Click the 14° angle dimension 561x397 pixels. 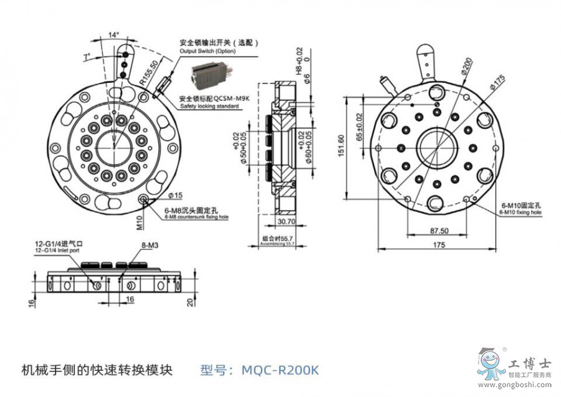coord(113,35)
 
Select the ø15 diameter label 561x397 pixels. coord(174,196)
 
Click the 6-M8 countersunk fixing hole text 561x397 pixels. coord(197,216)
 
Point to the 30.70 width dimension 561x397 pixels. coord(285,221)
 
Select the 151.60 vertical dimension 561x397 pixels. coord(340,147)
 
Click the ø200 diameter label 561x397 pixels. coord(468,65)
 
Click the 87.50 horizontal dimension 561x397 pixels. coord(438,230)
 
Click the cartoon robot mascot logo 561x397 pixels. coord(491,364)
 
